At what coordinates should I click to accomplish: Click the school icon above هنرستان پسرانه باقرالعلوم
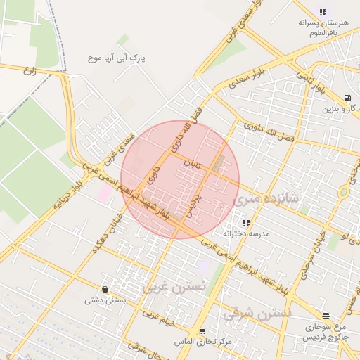pyautogui.click(x=323, y=12)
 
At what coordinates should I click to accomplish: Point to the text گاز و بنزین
pyautogui.click(x=341, y=109)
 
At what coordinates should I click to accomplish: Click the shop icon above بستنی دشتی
pyautogui.click(x=105, y=289)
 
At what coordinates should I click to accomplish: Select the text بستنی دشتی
pyautogui.click(x=105, y=300)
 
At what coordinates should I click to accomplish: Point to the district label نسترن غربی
pyautogui.click(x=174, y=286)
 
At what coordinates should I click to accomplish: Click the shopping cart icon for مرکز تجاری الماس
pyautogui.click(x=202, y=331)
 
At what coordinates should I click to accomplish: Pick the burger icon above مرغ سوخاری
pyautogui.click(x=325, y=316)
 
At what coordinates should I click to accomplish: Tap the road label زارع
pyautogui.click(x=30, y=70)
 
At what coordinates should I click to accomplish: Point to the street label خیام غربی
pyautogui.click(x=159, y=321)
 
